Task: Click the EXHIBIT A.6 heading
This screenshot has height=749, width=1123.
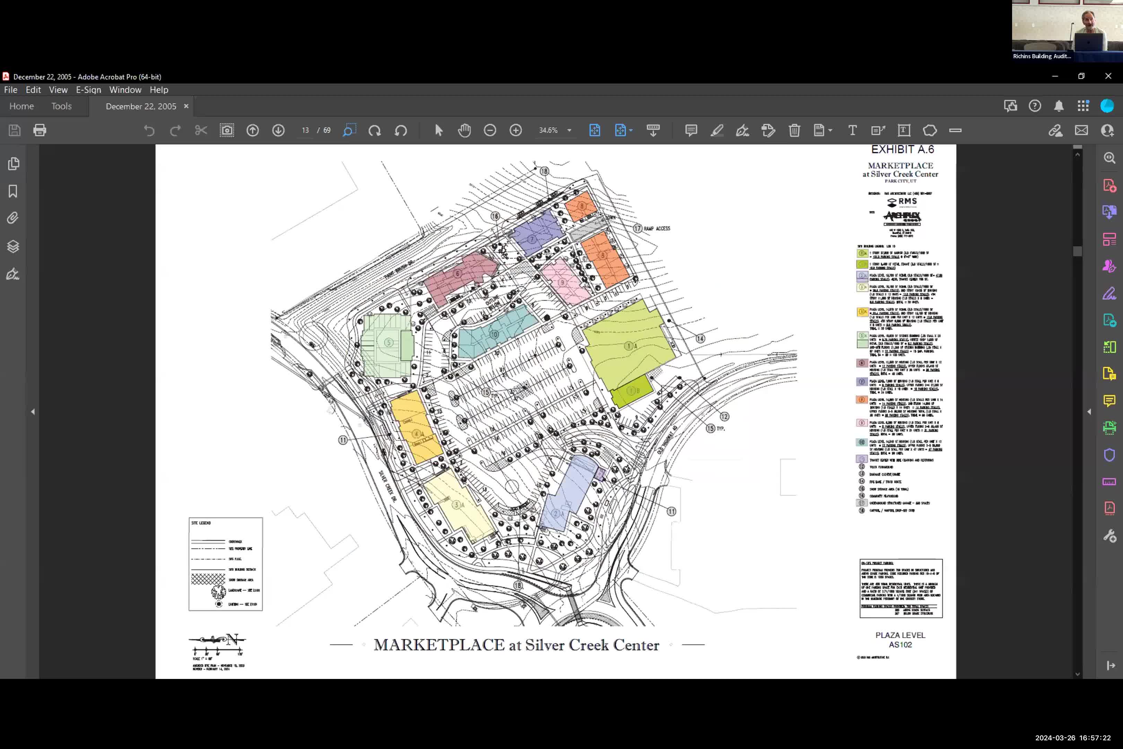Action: [x=902, y=149]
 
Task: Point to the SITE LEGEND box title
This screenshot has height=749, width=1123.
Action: [x=201, y=523]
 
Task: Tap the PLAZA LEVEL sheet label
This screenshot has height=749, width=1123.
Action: [x=900, y=635]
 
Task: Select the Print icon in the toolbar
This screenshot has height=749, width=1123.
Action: [x=40, y=130]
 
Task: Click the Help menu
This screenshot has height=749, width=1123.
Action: [x=158, y=90]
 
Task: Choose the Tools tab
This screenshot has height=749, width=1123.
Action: [x=62, y=106]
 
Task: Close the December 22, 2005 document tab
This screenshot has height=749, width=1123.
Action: [x=186, y=106]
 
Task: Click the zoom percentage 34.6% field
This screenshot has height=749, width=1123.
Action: [x=549, y=130]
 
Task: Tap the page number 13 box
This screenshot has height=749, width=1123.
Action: [x=305, y=130]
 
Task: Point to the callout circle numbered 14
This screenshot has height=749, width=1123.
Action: [x=700, y=339]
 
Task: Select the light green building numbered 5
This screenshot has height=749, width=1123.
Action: [x=388, y=343]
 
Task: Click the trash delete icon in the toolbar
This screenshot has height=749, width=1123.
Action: [x=794, y=130]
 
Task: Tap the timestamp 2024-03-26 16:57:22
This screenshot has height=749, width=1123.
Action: [x=1072, y=738]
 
